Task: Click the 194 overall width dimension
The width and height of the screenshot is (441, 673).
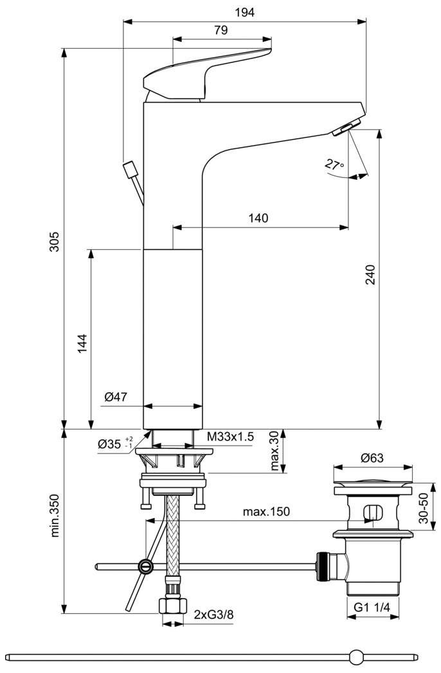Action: (244, 12)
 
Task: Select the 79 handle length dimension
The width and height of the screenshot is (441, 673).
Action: (221, 30)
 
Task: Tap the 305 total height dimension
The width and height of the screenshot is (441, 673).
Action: (54, 241)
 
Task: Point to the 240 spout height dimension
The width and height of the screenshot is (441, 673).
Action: (370, 275)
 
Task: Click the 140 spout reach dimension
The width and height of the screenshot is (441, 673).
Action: (258, 218)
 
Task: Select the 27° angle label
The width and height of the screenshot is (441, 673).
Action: (334, 164)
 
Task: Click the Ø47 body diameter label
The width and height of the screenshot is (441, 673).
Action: (116, 397)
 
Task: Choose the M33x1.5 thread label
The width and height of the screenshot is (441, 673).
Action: (230, 437)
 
